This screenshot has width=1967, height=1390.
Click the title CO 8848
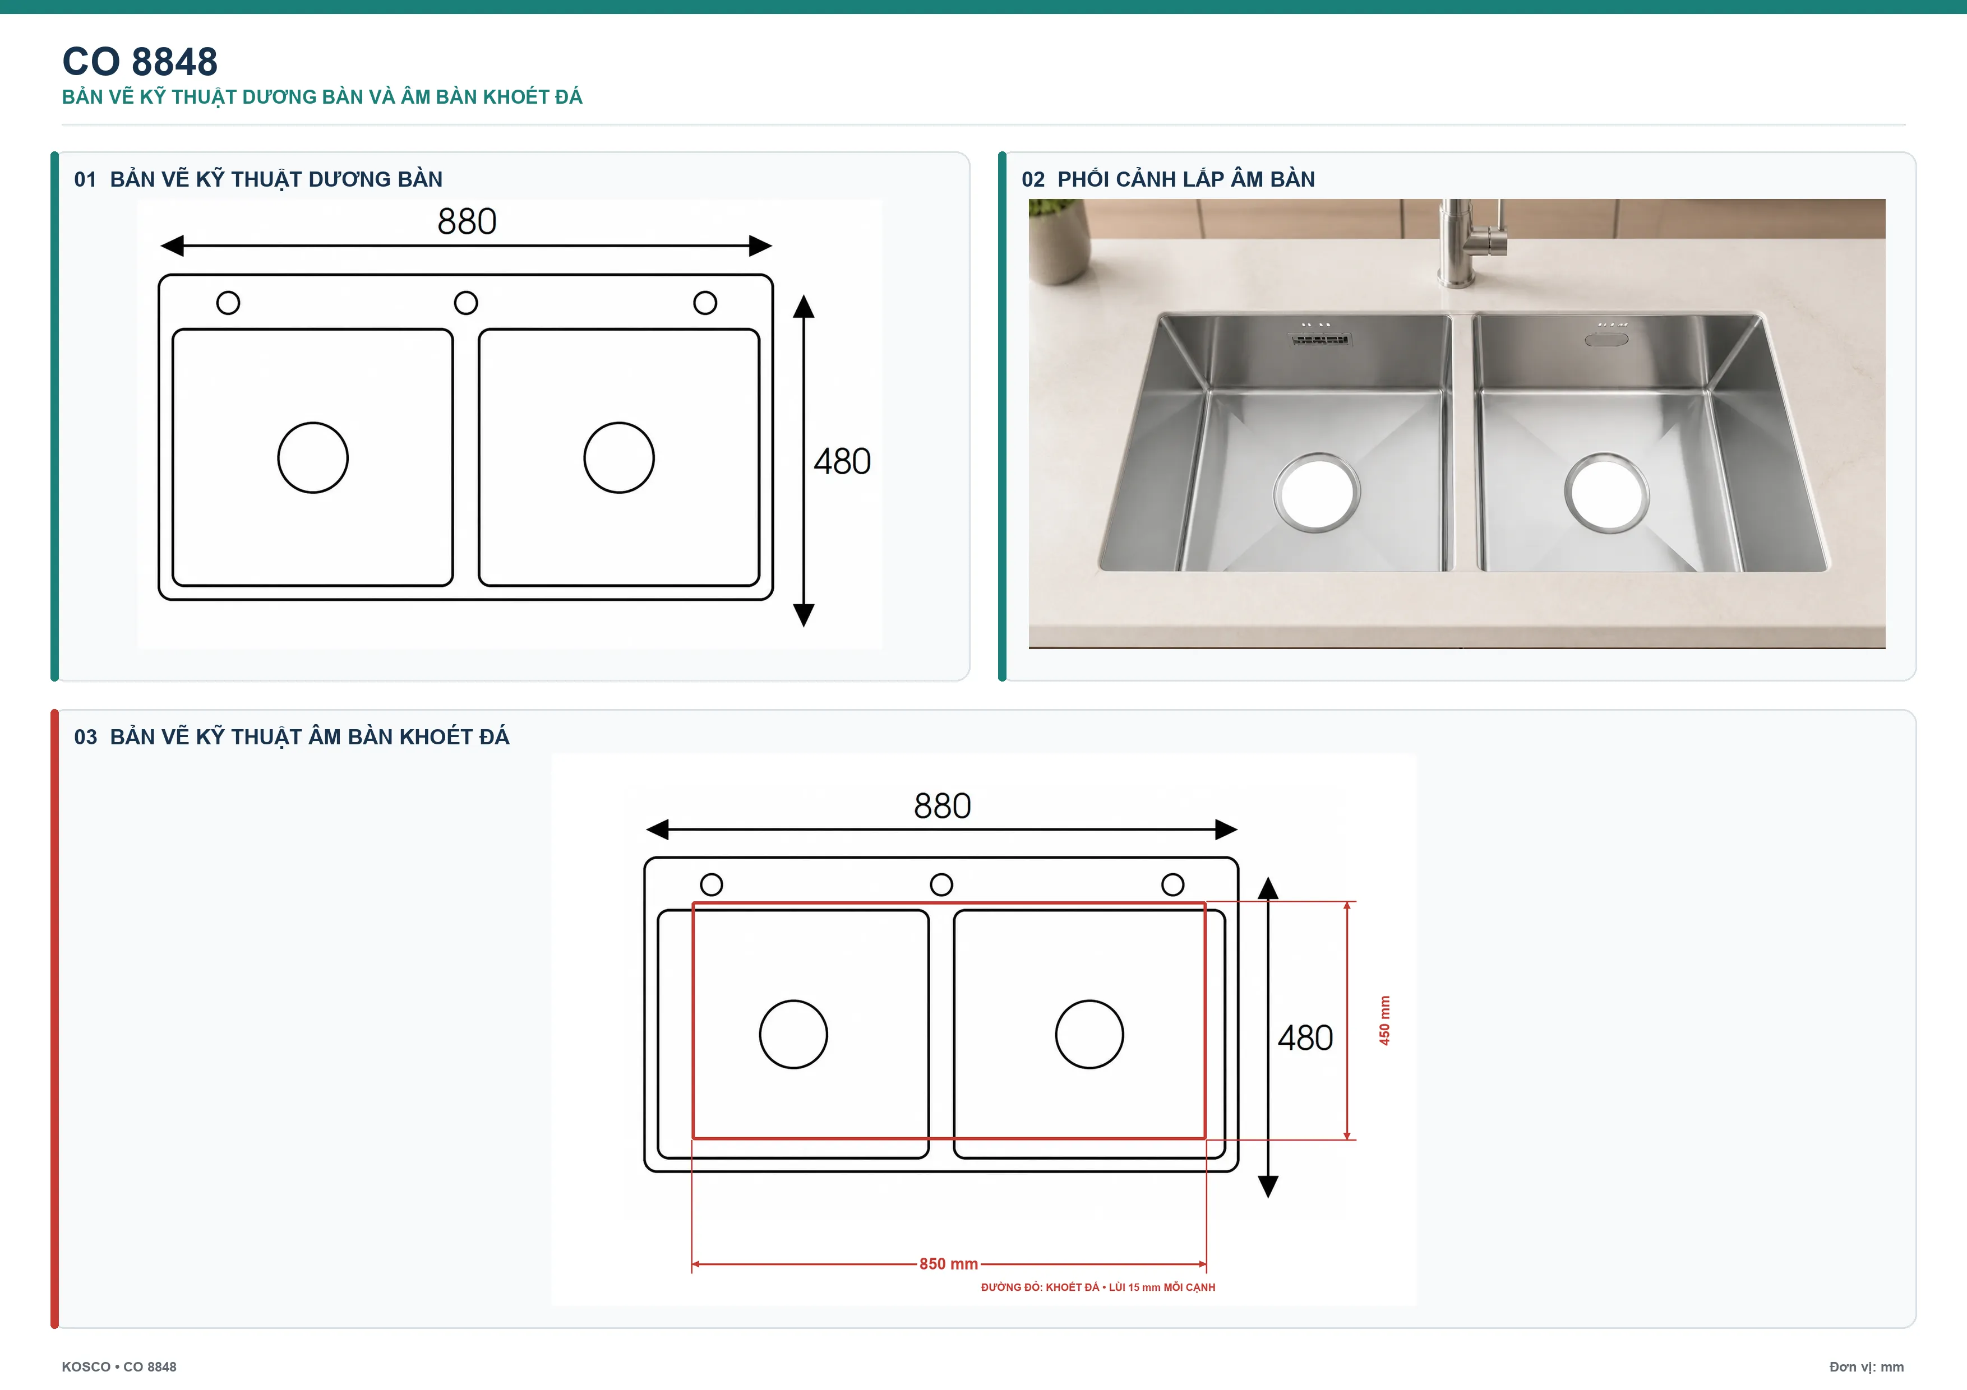[140, 62]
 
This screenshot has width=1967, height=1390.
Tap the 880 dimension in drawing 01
[467, 222]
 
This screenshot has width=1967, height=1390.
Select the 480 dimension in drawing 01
[842, 462]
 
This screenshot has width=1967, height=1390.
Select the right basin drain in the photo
[1606, 493]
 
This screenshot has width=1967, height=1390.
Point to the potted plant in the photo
[1059, 240]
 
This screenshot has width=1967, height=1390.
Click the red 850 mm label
[948, 1264]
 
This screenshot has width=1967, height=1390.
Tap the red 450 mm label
[1384, 1020]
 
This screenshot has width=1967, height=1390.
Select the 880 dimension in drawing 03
[943, 806]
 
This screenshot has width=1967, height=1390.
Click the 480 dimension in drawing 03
[1305, 1038]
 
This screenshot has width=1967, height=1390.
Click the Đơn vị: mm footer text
[1866, 1367]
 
